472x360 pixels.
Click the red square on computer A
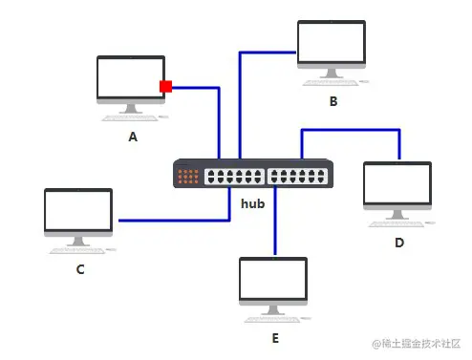tap(165, 87)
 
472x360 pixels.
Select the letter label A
tap(133, 137)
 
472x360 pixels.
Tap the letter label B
tap(333, 100)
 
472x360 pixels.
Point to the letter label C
tap(80, 269)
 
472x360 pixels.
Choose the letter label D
tap(398, 242)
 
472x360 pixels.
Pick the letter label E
tap(275, 337)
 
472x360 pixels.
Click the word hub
tap(252, 203)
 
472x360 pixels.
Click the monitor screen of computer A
tap(131, 79)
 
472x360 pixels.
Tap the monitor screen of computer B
tap(331, 43)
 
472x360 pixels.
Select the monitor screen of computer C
tap(78, 212)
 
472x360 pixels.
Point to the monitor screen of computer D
tap(397, 184)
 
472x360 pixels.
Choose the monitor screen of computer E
tap(274, 280)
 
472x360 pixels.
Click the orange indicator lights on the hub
tap(188, 176)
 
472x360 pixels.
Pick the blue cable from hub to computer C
tap(172, 221)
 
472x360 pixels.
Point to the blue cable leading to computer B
tap(240, 95)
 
